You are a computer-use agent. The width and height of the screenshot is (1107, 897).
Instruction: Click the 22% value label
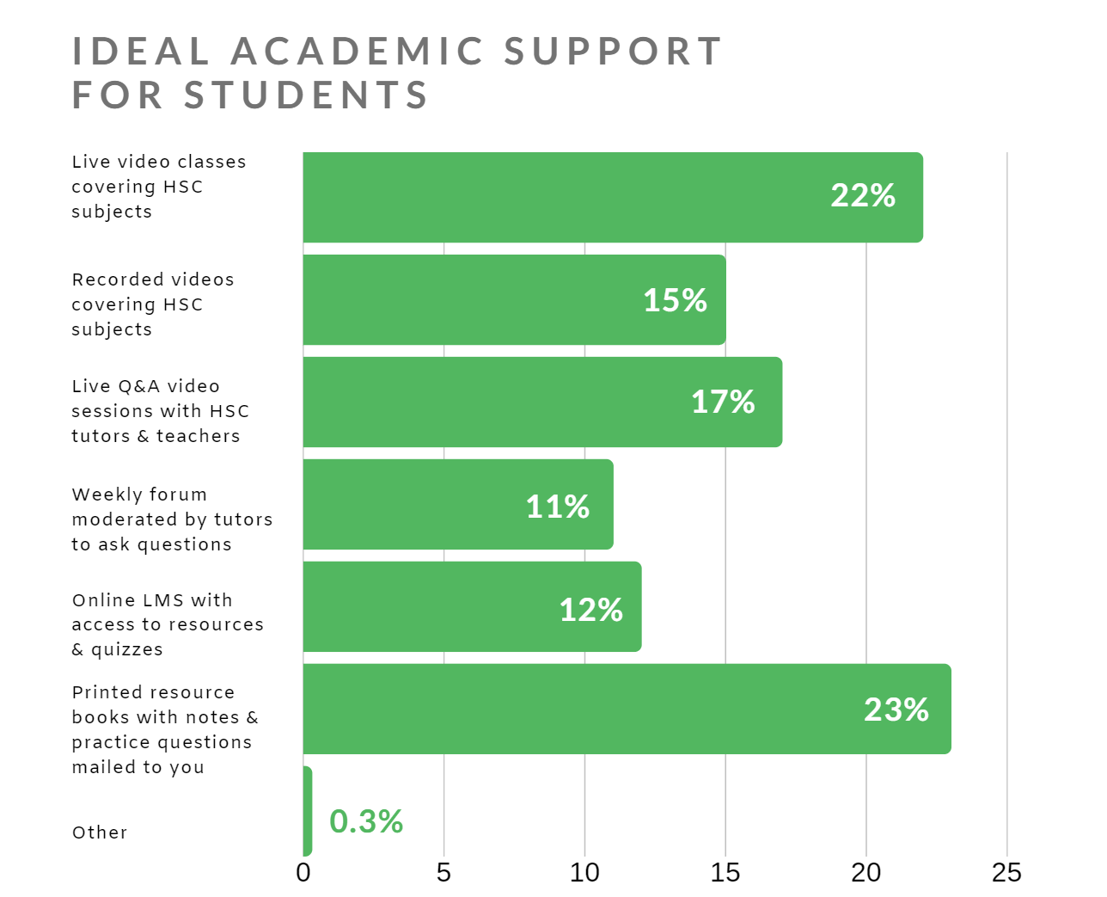tap(863, 196)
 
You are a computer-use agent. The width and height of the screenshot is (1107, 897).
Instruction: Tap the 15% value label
tap(675, 300)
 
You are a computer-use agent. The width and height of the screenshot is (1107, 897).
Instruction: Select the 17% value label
tap(723, 402)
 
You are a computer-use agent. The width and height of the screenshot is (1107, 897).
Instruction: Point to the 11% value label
tap(557, 507)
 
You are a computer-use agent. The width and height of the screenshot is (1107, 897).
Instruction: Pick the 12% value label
tap(590, 610)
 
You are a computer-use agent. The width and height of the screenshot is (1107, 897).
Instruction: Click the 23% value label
tap(896, 710)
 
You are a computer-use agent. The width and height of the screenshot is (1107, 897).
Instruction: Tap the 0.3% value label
tap(366, 821)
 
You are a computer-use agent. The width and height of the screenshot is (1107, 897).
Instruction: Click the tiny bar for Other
tap(308, 811)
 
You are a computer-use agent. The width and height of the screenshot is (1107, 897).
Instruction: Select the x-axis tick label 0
tap(303, 873)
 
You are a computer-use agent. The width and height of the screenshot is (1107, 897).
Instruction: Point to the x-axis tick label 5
tap(443, 873)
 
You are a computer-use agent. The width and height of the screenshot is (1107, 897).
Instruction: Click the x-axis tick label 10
tap(584, 873)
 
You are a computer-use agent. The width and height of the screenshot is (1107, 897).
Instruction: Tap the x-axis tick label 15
tap(725, 873)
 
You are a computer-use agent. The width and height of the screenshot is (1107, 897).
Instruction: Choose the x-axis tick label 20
tap(866, 873)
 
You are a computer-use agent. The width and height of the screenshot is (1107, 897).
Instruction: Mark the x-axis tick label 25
tap(1006, 873)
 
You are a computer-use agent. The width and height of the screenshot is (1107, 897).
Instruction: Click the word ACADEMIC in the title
tap(358, 52)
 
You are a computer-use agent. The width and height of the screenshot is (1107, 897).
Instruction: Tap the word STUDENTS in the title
tap(306, 95)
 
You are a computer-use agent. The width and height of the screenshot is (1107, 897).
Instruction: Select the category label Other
tap(100, 832)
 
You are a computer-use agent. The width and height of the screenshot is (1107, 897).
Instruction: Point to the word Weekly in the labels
tap(101, 495)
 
